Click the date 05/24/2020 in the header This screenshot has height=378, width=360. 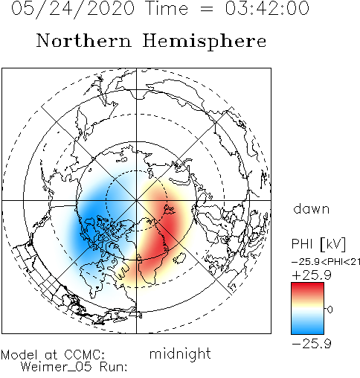[73, 8]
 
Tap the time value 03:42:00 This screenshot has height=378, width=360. [267, 8]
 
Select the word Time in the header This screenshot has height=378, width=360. [167, 8]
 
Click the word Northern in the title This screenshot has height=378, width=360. [84, 40]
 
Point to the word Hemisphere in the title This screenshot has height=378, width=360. [205, 42]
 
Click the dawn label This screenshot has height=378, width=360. [312, 208]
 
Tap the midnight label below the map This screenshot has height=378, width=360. [180, 353]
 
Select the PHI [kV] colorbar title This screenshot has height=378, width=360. [318, 244]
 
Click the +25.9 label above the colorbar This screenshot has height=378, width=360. [312, 275]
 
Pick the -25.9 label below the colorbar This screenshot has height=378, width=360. [312, 344]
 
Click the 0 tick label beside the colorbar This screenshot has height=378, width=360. [330, 310]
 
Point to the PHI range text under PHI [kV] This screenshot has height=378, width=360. [326, 262]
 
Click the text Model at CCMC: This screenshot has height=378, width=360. [53, 355]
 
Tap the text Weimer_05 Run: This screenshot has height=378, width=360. [74, 367]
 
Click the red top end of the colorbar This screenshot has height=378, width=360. [307, 285]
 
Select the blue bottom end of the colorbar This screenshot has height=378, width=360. [307, 331]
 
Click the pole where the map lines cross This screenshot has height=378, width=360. [136, 200]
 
